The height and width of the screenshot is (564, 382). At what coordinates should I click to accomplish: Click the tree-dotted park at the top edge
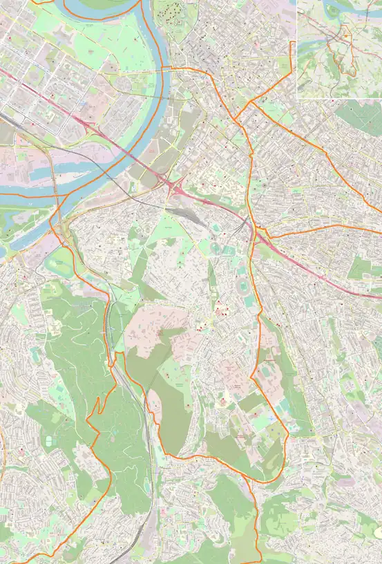tap(170, 12)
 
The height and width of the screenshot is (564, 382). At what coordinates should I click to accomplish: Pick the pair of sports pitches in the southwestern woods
tap(48, 439)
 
